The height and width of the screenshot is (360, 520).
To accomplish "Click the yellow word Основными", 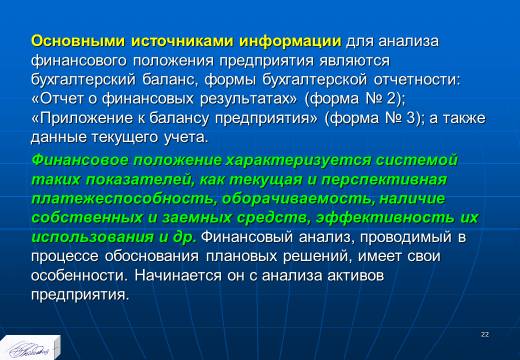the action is point(78,41).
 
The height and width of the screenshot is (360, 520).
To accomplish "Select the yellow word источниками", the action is point(182,41).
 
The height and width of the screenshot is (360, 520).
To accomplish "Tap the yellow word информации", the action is point(290,42).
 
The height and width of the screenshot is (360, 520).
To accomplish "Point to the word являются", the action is point(354,61).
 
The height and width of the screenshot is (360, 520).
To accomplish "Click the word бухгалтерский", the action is point(83,80).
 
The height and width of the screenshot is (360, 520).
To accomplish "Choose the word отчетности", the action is point(417,80).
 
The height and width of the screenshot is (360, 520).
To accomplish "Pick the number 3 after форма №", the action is point(411,118).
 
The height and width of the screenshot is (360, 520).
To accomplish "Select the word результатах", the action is point(248,99).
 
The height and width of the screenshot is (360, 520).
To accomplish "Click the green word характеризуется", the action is point(298,161).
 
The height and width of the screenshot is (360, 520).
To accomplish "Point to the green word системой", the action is point(417,160).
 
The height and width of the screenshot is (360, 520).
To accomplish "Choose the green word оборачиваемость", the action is point(298,199).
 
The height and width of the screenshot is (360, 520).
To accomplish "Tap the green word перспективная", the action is point(384,180).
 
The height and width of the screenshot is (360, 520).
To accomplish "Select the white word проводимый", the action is point(406,238).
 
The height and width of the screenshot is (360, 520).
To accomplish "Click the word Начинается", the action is point(178,276).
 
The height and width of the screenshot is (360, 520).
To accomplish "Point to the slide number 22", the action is point(485,335).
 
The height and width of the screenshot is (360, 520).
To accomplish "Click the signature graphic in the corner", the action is point(29,350).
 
